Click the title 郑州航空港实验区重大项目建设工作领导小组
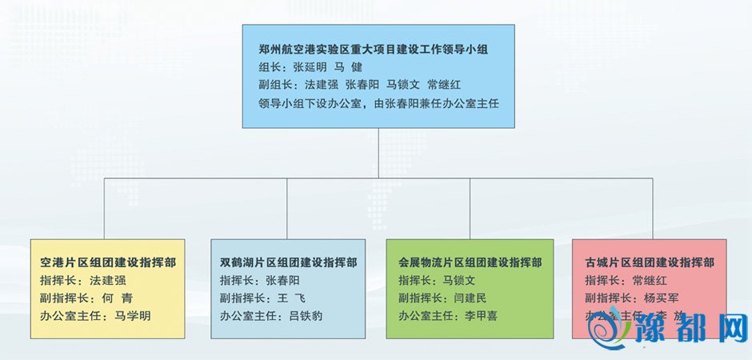pos(374,49)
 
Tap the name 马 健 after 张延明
pos(348,66)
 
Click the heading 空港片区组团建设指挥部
pos(108,262)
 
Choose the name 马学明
pos(133,315)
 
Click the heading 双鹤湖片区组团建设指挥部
pos(289,262)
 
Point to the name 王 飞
pos(276,298)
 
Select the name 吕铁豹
pos(306,315)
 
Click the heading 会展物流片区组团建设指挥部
pos(470,262)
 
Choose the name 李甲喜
pos(481,315)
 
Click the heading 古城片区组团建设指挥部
pos(650,262)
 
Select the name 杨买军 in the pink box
pos(661,298)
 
